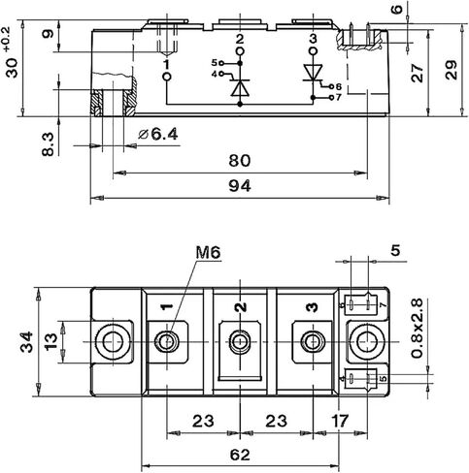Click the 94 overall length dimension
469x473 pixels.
pos(240,186)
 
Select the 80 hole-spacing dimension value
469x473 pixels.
pos(240,161)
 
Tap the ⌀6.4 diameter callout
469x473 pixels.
pos(158,135)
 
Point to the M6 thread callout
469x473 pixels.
pos(208,252)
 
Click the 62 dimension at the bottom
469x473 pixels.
pos(240,455)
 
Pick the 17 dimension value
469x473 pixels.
pos(340,421)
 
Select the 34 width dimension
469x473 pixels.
pos(26,341)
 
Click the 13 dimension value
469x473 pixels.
pos(51,342)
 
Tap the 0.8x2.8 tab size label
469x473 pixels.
pos(418,329)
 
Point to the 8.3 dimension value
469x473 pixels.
pos(49,144)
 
